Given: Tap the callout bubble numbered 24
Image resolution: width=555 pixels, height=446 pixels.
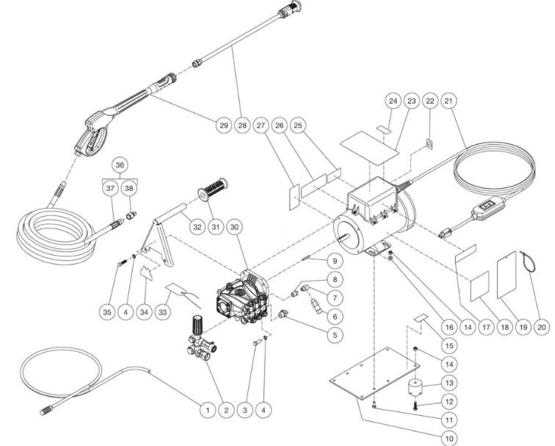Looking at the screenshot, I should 393,101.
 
